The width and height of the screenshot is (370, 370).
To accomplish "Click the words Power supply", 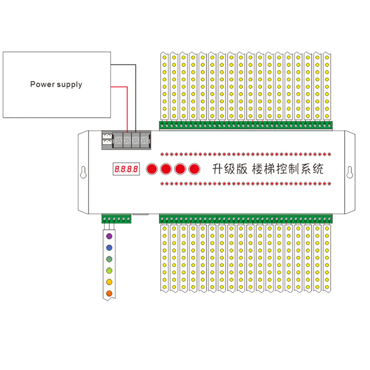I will pyautogui.click(x=56, y=84).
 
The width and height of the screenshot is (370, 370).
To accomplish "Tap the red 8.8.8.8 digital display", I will pyautogui.click(x=126, y=169).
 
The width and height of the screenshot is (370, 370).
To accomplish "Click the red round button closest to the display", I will pyautogui.click(x=152, y=169).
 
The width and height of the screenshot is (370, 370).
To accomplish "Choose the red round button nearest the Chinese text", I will pyautogui.click(x=194, y=169).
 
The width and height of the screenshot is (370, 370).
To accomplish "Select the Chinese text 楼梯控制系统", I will pyautogui.click(x=287, y=169).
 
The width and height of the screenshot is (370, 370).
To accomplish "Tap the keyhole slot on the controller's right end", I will pyautogui.click(x=348, y=173).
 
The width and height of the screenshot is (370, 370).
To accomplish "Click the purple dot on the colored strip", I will pyautogui.click(x=109, y=236).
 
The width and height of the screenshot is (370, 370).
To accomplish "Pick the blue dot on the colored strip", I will pyautogui.click(x=109, y=248).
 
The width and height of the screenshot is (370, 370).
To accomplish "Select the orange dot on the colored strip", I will pyautogui.click(x=109, y=293).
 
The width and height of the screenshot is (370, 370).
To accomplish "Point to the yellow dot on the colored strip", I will pyautogui.click(x=109, y=282).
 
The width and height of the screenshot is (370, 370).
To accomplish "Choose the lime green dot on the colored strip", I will pyautogui.click(x=109, y=270).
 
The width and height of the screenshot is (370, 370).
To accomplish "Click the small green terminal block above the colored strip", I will pyautogui.click(x=116, y=219).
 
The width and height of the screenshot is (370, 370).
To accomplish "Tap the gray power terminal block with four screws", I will pyautogui.click(x=132, y=141).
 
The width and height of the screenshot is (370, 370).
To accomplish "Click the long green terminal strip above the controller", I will pyautogui.click(x=246, y=125).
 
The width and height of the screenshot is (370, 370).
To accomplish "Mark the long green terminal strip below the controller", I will pyautogui.click(x=246, y=219).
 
